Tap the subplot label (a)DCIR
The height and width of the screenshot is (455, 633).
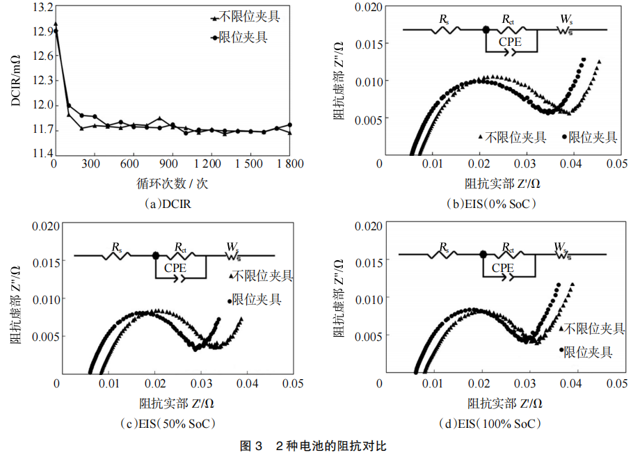tap(166, 204)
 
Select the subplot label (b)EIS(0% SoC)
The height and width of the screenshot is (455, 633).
tap(492, 204)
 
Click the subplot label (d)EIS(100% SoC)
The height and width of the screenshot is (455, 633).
tap(492, 423)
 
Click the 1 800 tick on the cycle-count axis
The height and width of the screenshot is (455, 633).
tap(289, 163)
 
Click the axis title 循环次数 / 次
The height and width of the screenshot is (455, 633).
tap(173, 184)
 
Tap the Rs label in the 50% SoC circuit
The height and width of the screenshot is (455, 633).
tap(118, 246)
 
